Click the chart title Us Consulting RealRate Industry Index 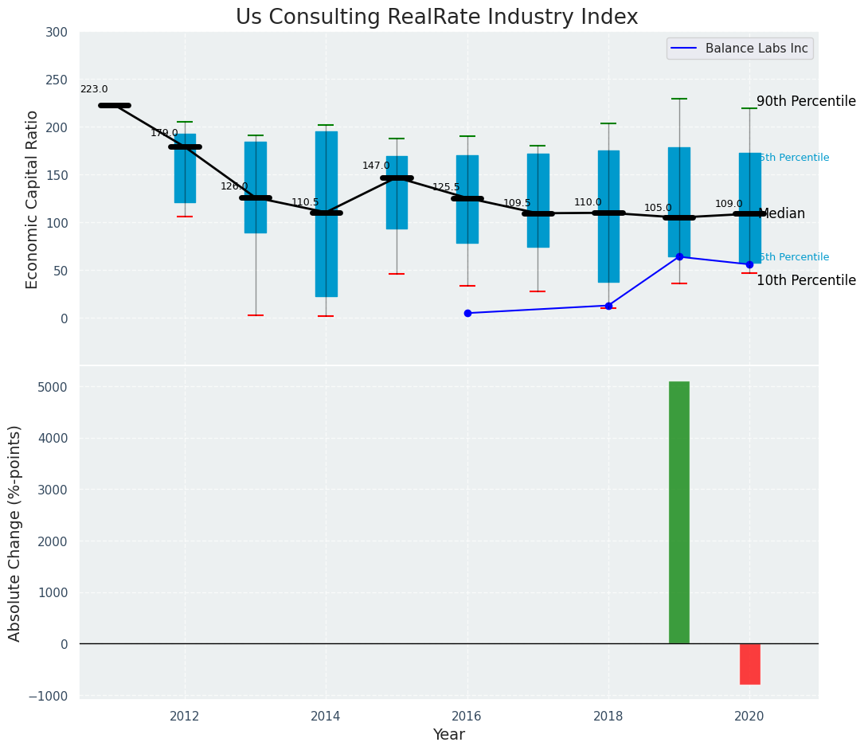(436, 18)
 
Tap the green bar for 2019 (678, 512)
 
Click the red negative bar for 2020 (749, 664)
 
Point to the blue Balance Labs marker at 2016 (467, 313)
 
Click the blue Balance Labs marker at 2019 (679, 256)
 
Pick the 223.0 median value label (94, 90)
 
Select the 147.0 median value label (376, 166)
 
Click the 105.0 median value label (658, 208)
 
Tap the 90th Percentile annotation (806, 102)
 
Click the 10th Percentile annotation (806, 280)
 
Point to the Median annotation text (782, 214)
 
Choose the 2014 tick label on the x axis (326, 717)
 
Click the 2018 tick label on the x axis (608, 717)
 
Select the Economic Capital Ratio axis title (33, 199)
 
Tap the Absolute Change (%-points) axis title (15, 533)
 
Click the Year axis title (448, 735)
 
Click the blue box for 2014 (326, 213)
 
